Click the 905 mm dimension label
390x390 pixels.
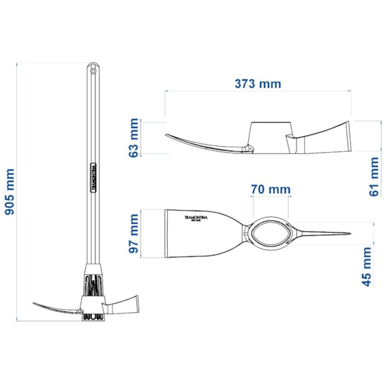[x=11, y=192]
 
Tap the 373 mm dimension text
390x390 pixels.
[x=258, y=84]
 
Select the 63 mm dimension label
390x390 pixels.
[x=134, y=138]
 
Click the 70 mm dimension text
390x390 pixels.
[x=270, y=189]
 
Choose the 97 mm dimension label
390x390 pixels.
[x=134, y=233]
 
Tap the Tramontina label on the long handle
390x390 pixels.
[x=94, y=176]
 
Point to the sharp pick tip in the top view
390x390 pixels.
[x=348, y=234]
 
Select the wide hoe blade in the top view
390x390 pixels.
[x=198, y=234]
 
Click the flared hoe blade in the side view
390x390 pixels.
[x=325, y=138]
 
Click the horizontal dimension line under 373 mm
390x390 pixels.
[x=258, y=92]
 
